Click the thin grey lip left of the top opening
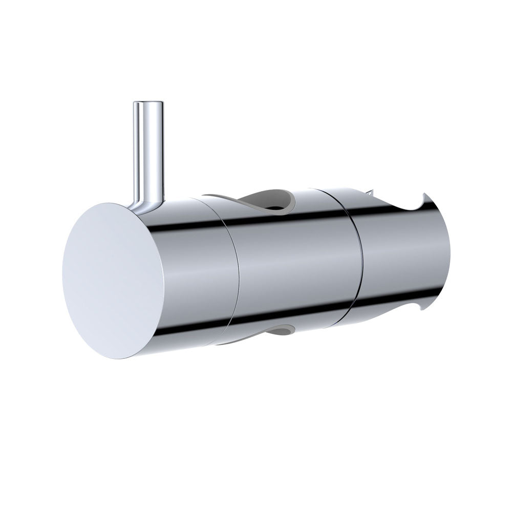pos(215,197)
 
